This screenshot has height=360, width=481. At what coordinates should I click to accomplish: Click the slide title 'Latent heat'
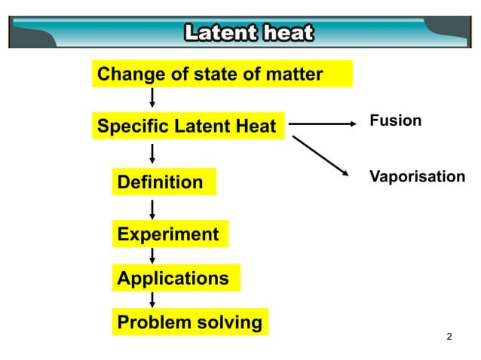(249, 34)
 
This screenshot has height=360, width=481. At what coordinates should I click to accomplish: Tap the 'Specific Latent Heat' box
(187, 126)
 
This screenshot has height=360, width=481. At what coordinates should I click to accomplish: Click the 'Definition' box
(164, 182)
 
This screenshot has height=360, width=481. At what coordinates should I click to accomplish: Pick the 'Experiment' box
(170, 234)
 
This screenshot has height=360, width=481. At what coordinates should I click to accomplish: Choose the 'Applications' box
(175, 278)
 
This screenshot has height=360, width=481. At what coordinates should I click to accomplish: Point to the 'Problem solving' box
(190, 323)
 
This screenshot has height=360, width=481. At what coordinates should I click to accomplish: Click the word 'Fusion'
(395, 121)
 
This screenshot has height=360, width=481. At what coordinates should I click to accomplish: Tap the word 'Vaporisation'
(416, 176)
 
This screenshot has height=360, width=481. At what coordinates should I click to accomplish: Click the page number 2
(450, 336)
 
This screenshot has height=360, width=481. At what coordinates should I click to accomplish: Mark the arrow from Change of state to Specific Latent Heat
(152, 99)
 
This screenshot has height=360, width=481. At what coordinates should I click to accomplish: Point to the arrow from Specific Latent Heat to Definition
(152, 154)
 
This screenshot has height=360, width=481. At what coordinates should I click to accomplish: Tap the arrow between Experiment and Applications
(152, 255)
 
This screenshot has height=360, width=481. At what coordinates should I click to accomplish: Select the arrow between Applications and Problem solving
(152, 300)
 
